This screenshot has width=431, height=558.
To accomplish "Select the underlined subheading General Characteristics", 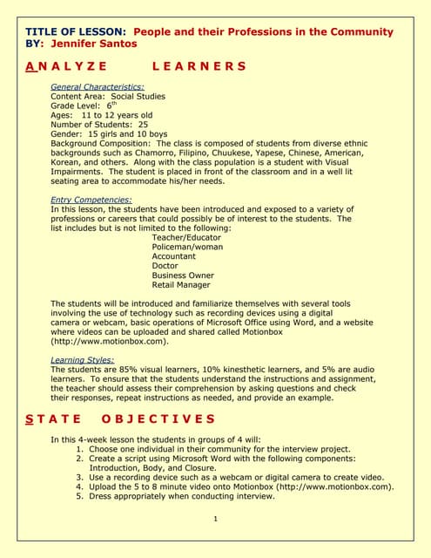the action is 98,87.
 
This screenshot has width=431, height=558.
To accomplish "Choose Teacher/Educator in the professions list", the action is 186,237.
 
